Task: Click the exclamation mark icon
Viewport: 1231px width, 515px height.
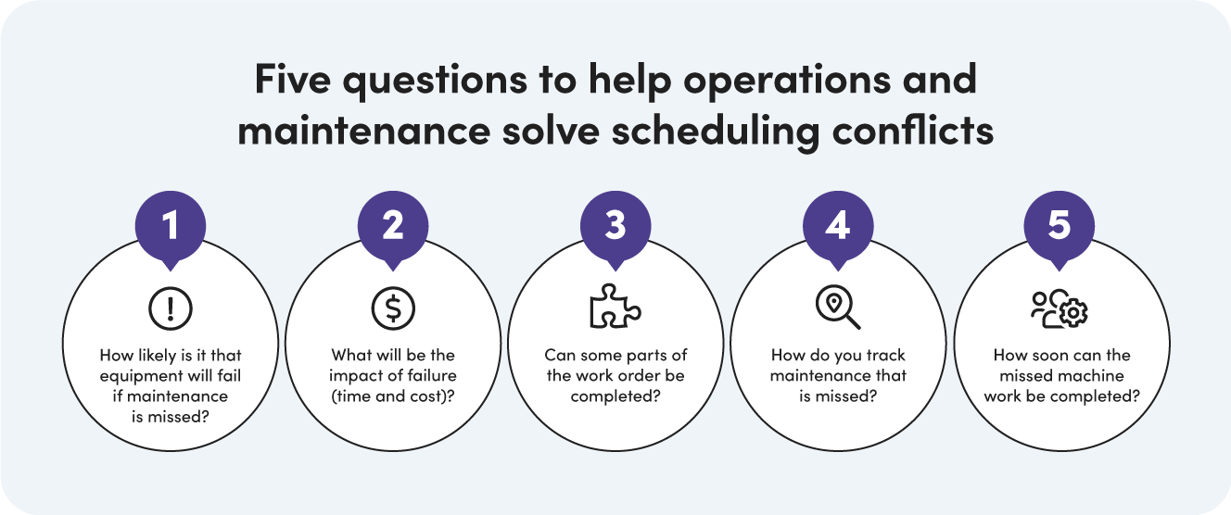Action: click(x=171, y=308)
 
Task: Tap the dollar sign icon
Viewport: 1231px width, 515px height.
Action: click(x=393, y=308)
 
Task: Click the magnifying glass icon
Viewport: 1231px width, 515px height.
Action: click(x=838, y=308)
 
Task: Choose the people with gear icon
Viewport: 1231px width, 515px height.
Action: click(x=1060, y=309)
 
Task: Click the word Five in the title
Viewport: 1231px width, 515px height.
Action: click(x=292, y=81)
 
